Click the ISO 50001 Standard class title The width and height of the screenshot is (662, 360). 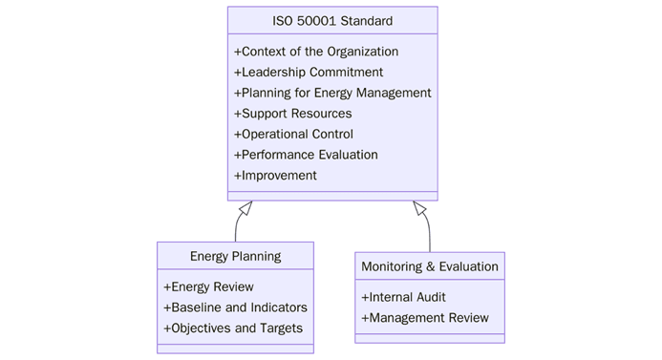point(332,20)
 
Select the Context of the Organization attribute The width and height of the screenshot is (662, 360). point(316,52)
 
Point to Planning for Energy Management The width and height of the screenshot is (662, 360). point(332,93)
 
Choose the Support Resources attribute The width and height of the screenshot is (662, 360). point(292,114)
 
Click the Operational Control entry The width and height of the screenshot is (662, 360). point(293,134)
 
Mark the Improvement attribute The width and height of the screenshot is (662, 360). point(275,176)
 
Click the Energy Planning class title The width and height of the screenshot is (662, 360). point(235,256)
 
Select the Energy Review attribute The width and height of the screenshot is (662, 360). point(208,286)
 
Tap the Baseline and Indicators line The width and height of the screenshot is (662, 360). point(235,307)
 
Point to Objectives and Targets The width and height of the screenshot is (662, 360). point(233,328)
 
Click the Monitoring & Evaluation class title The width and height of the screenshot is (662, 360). point(430,266)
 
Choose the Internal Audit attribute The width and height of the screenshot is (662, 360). point(403,297)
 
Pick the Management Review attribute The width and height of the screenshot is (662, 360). point(424,318)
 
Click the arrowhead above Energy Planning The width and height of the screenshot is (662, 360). point(246,207)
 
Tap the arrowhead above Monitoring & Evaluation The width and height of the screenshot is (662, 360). point(419,207)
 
